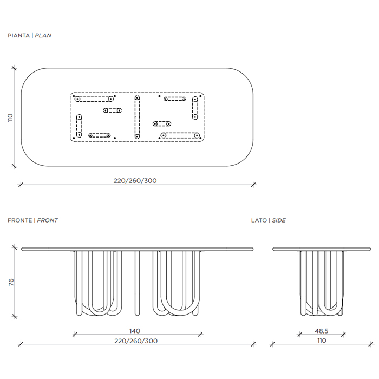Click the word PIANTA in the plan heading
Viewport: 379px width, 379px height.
pyautogui.click(x=18, y=36)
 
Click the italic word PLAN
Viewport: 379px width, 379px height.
pyautogui.click(x=43, y=36)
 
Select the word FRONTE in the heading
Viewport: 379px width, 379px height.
pyautogui.click(x=20, y=220)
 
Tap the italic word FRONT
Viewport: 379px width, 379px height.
pyautogui.click(x=48, y=220)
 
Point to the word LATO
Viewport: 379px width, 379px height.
pyautogui.click(x=259, y=220)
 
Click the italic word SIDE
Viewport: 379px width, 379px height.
pyautogui.click(x=279, y=220)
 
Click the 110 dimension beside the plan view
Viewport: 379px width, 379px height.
pyautogui.click(x=10, y=117)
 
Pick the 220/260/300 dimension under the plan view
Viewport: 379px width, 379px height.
pyautogui.click(x=135, y=180)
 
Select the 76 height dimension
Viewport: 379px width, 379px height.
pyautogui.click(x=11, y=282)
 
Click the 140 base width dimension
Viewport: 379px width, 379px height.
pyautogui.click(x=135, y=331)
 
